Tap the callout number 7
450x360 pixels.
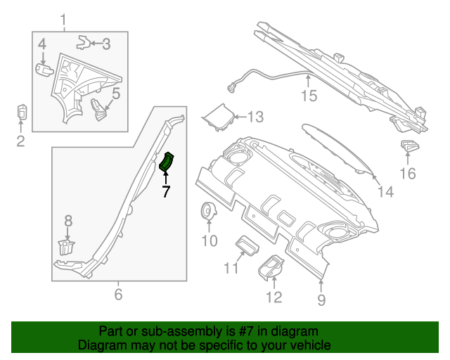[166, 191]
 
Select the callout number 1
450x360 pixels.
[64, 19]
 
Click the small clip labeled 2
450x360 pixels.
[22, 112]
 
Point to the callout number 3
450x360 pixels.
[105, 44]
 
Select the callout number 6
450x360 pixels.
[118, 294]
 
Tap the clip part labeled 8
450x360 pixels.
[65, 247]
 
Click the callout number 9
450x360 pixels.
[321, 301]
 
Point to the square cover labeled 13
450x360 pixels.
[218, 117]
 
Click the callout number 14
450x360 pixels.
[385, 191]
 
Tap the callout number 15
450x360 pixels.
[309, 96]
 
